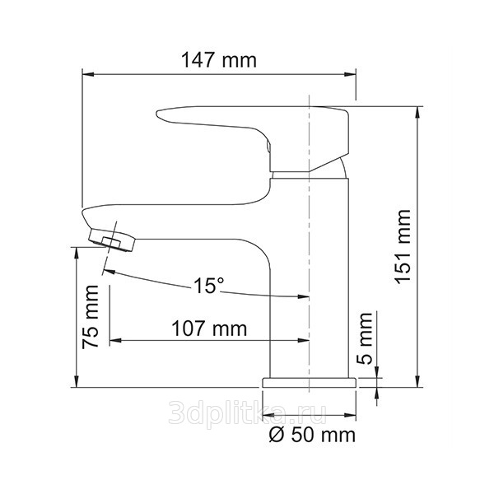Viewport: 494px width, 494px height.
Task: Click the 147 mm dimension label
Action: click(x=219, y=60)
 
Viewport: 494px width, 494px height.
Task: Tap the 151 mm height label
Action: click(x=403, y=247)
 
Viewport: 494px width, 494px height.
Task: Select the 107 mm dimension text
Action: click(x=209, y=329)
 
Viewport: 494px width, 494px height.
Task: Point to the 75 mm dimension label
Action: click(x=91, y=317)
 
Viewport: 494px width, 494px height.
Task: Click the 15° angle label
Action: click(x=208, y=286)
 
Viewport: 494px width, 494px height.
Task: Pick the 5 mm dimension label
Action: click(x=366, y=338)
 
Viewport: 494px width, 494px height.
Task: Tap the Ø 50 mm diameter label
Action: click(x=312, y=435)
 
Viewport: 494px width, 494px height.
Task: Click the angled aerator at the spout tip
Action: click(x=113, y=240)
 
